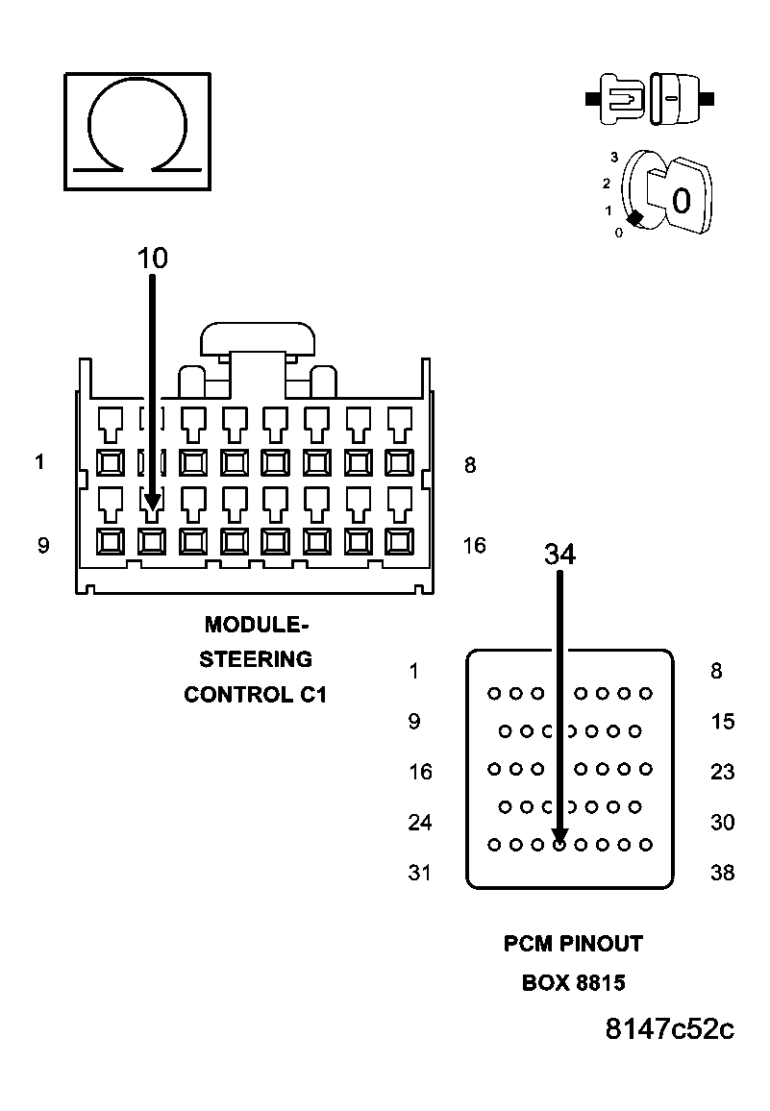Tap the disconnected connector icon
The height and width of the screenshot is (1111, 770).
tap(650, 99)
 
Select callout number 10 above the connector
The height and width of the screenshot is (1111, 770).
tap(152, 258)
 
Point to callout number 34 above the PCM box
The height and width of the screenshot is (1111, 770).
tap(559, 555)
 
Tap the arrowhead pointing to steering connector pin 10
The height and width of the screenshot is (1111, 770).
tap(152, 502)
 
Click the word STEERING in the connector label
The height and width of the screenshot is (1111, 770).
tap(256, 659)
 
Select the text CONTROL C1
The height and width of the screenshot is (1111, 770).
tap(256, 694)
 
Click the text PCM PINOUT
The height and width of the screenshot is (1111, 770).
tap(573, 944)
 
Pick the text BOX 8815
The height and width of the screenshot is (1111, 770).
tap(573, 983)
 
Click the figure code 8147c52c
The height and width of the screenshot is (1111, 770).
tap(670, 1029)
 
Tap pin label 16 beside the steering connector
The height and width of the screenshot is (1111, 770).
tap(474, 546)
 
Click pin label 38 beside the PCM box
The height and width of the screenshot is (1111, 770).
tap(722, 873)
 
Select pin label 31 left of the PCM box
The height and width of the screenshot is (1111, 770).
tap(420, 873)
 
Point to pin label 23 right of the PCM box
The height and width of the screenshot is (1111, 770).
tap(722, 772)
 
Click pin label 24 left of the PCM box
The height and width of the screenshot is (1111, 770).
tap(420, 823)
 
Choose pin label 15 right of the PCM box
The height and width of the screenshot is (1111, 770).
tap(722, 722)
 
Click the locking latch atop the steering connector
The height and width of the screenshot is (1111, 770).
tap(258, 341)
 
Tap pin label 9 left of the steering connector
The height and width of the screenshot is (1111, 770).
tap(43, 546)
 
